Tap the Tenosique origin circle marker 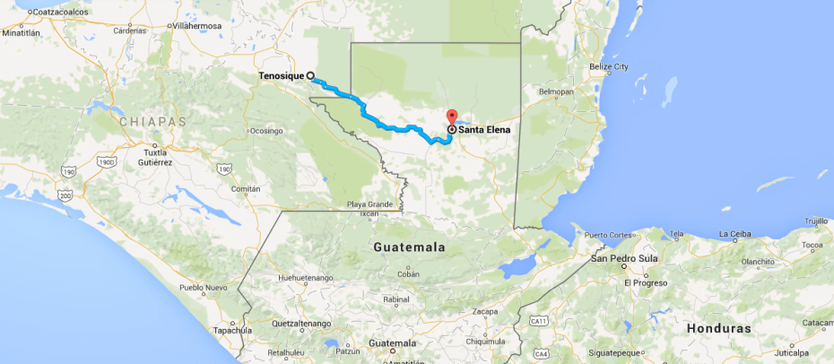[x=310, y=76]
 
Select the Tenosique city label [x=281, y=76]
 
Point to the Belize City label [x=609, y=67]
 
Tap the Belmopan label [x=555, y=91]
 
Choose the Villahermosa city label [x=197, y=27]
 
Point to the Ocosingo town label [x=266, y=131]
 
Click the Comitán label [x=246, y=189]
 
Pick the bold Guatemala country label [x=410, y=246]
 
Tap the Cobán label [x=408, y=275]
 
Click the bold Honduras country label [x=718, y=328]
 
